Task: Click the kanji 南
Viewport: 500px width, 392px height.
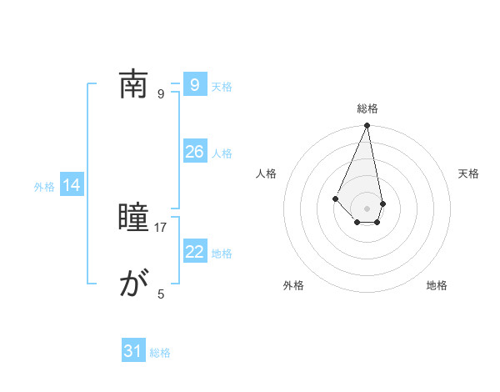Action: pyautogui.click(x=133, y=84)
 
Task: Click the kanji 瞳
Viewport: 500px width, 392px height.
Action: pyautogui.click(x=133, y=219)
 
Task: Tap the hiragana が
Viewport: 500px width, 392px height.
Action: pyautogui.click(x=133, y=284)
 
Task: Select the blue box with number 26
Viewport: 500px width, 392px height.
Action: pyautogui.click(x=195, y=152)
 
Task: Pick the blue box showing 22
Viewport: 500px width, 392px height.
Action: pyautogui.click(x=195, y=252)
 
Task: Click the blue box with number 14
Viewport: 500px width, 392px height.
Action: pyautogui.click(x=72, y=186)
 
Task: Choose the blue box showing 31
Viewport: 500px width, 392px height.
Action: pyautogui.click(x=133, y=351)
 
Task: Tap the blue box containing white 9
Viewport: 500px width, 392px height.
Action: pyautogui.click(x=195, y=85)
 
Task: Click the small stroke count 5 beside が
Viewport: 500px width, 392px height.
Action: pyautogui.click(x=162, y=294)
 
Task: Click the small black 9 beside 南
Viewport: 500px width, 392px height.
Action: pyautogui.click(x=162, y=93)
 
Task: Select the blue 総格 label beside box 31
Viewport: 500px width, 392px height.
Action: pyautogui.click(x=160, y=353)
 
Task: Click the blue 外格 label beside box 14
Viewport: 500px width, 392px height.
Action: pyautogui.click(x=44, y=187)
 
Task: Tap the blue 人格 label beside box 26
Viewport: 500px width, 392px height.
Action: pyautogui.click(x=222, y=153)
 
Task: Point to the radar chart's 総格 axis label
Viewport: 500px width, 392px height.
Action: pyautogui.click(x=367, y=108)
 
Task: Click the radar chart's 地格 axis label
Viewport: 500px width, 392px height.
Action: pyautogui.click(x=437, y=286)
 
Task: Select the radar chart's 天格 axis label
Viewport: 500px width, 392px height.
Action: pyautogui.click(x=468, y=173)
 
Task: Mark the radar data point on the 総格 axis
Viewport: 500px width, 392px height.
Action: pyautogui.click(x=367, y=126)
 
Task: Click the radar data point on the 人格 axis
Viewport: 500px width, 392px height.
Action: pyautogui.click(x=335, y=198)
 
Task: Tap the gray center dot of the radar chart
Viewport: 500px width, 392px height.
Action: pyautogui.click(x=367, y=208)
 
